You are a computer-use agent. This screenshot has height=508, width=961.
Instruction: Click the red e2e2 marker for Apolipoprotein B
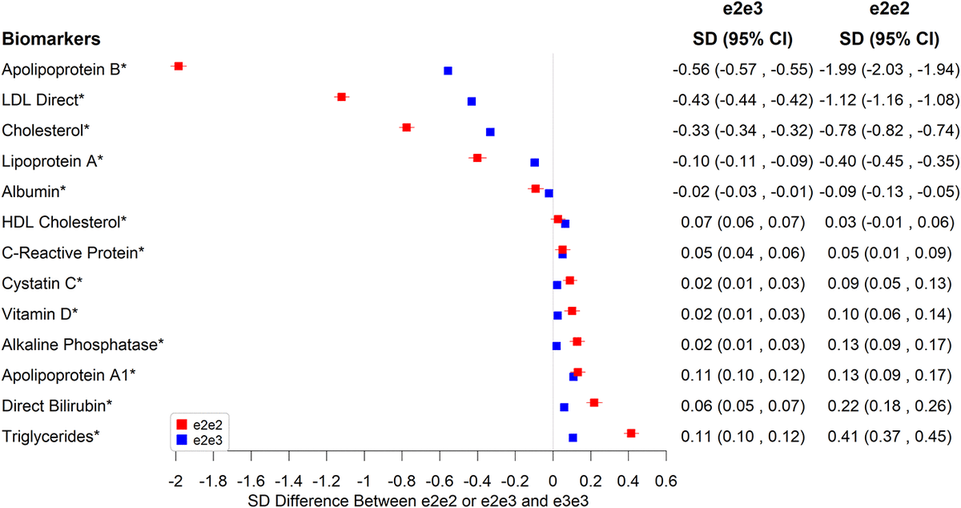(x=179, y=66)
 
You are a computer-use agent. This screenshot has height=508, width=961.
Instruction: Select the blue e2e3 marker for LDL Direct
(x=472, y=101)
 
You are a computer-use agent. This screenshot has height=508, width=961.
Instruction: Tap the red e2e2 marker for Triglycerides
(x=631, y=433)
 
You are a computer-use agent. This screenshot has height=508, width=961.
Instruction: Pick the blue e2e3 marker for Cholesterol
(x=490, y=131)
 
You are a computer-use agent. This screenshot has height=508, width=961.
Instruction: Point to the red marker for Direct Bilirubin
(x=594, y=402)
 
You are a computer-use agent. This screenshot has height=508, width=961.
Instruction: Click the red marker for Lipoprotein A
(x=477, y=158)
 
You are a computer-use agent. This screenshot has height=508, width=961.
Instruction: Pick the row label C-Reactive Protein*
(x=74, y=252)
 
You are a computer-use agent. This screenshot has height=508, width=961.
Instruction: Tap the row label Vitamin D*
(x=41, y=313)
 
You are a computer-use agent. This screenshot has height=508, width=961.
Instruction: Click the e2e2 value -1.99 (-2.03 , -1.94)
(x=887, y=70)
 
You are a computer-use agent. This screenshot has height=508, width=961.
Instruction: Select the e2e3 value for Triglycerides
(x=742, y=437)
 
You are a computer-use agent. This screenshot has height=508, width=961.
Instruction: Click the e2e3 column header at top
(x=742, y=10)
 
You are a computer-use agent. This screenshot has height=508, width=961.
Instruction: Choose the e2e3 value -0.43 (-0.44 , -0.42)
(x=742, y=100)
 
